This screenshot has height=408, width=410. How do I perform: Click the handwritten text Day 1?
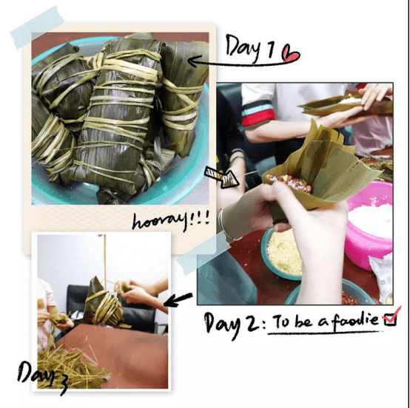[250, 48]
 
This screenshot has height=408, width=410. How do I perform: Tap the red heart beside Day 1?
[290, 53]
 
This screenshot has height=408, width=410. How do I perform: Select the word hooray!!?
[170, 221]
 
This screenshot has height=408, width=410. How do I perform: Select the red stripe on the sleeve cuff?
[258, 120]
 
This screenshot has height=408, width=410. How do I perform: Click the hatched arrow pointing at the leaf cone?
[222, 177]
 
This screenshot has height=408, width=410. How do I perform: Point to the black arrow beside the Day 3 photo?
[178, 300]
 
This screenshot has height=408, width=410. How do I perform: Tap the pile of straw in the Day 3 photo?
[70, 366]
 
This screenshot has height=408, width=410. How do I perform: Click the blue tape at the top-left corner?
[37, 27]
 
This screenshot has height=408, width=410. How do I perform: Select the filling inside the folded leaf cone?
[288, 183]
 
